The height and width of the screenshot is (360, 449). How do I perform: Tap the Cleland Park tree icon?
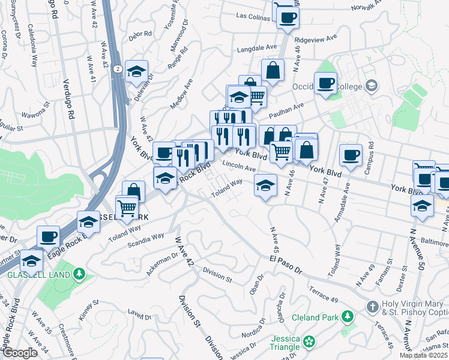[x=346, y=316]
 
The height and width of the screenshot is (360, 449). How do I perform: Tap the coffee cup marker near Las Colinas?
[x=288, y=17]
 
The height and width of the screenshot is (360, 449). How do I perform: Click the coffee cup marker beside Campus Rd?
[x=351, y=154]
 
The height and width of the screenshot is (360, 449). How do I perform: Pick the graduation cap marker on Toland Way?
[x=265, y=185]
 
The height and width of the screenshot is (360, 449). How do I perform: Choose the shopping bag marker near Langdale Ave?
[x=273, y=69]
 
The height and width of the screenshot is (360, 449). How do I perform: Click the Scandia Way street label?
[x=145, y=239]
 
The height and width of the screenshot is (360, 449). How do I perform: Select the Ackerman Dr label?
[x=162, y=264]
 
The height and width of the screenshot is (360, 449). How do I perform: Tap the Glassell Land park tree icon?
[x=79, y=274]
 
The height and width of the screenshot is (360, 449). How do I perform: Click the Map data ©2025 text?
[x=423, y=355]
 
